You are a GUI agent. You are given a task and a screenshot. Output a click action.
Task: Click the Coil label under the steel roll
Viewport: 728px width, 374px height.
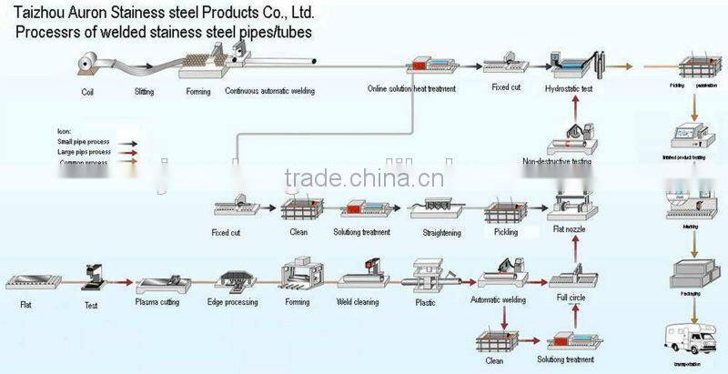click(x=87, y=92)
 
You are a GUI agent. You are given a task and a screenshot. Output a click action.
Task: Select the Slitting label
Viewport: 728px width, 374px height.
click(x=144, y=92)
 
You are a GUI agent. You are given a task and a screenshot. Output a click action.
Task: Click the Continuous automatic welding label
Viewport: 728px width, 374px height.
click(x=270, y=92)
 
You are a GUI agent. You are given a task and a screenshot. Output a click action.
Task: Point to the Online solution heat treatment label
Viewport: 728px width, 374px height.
click(x=411, y=89)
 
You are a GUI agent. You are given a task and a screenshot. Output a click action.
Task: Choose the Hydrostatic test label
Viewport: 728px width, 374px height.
click(x=569, y=88)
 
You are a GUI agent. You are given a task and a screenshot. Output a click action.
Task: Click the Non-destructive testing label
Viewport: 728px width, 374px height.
click(x=558, y=162)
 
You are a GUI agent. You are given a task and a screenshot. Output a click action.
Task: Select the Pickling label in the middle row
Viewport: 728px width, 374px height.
click(x=505, y=232)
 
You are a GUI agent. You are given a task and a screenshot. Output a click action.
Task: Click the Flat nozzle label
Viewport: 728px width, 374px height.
click(x=570, y=231)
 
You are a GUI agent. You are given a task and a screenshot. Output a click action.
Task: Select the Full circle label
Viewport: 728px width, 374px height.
click(x=571, y=298)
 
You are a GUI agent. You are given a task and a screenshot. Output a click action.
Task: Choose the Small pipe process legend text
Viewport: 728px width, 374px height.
click(x=83, y=143)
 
